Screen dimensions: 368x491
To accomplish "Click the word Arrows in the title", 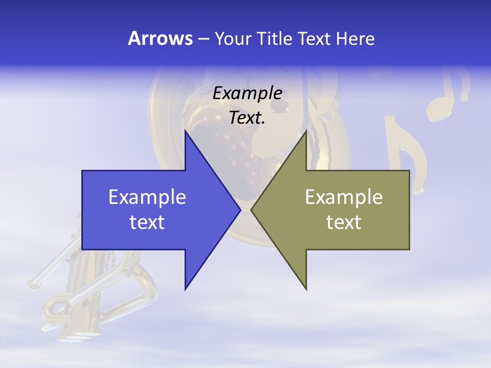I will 160,38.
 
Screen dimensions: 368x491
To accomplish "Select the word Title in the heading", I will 277,38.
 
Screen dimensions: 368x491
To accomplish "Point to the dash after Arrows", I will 203,39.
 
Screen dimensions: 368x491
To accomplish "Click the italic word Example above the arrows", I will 247,93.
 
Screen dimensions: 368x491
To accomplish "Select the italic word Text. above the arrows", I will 247,118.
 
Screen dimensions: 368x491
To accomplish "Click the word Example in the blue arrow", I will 147,197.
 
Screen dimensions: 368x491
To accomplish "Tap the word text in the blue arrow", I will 147,222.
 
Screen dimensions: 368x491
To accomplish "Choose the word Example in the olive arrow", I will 344,197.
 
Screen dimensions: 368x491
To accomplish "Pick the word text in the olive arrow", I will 344,222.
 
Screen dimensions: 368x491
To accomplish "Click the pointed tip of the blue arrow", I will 239,210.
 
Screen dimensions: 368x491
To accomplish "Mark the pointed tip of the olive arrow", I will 252,210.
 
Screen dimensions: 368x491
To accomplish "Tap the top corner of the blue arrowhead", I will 186,131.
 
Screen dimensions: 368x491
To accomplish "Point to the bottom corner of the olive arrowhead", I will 306,289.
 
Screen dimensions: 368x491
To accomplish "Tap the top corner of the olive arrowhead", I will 306,131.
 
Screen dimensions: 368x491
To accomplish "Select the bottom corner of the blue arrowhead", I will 186,289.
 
